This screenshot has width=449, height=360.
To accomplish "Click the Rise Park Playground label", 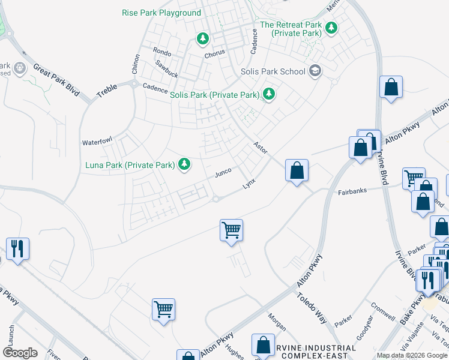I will click(161, 13).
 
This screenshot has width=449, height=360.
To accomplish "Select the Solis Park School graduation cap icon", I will click(315, 71).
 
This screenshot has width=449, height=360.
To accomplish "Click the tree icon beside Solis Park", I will click(270, 94).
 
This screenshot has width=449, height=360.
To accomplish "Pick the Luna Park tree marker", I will click(184, 164).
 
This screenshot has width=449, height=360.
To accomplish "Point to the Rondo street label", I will click(162, 52).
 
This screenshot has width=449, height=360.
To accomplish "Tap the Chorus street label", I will click(214, 53).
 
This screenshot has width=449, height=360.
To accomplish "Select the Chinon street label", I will click(136, 64).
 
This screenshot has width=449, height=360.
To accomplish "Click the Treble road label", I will click(107, 91).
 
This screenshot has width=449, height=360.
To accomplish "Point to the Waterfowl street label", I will click(97, 142).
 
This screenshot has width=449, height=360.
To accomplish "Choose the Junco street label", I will click(223, 174).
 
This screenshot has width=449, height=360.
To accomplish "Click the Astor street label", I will click(260, 148).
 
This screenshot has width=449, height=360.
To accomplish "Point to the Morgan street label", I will click(277, 322).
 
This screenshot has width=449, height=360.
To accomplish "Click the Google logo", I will click(20, 353).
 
